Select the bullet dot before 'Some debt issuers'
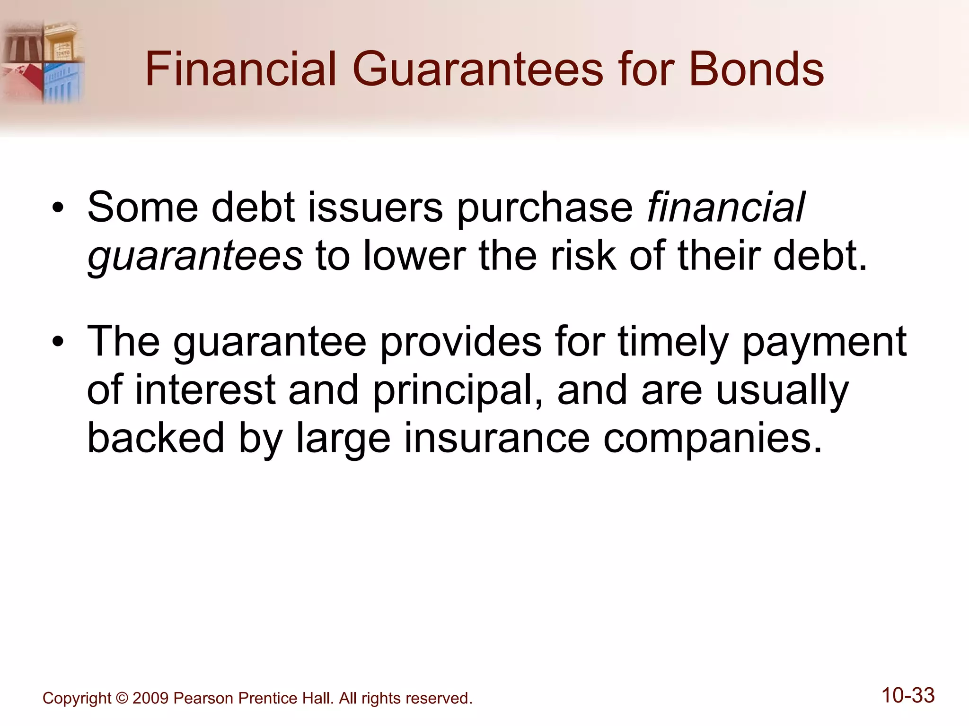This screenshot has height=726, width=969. [58, 208]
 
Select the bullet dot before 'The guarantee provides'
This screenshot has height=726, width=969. [58, 342]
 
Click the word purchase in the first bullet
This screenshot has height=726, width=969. [544, 209]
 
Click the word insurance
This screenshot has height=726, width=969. [497, 438]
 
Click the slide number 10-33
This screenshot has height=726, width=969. [907, 696]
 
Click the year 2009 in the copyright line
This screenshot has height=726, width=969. [150, 698]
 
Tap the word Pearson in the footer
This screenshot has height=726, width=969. [203, 698]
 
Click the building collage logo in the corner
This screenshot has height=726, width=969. [43, 61]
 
